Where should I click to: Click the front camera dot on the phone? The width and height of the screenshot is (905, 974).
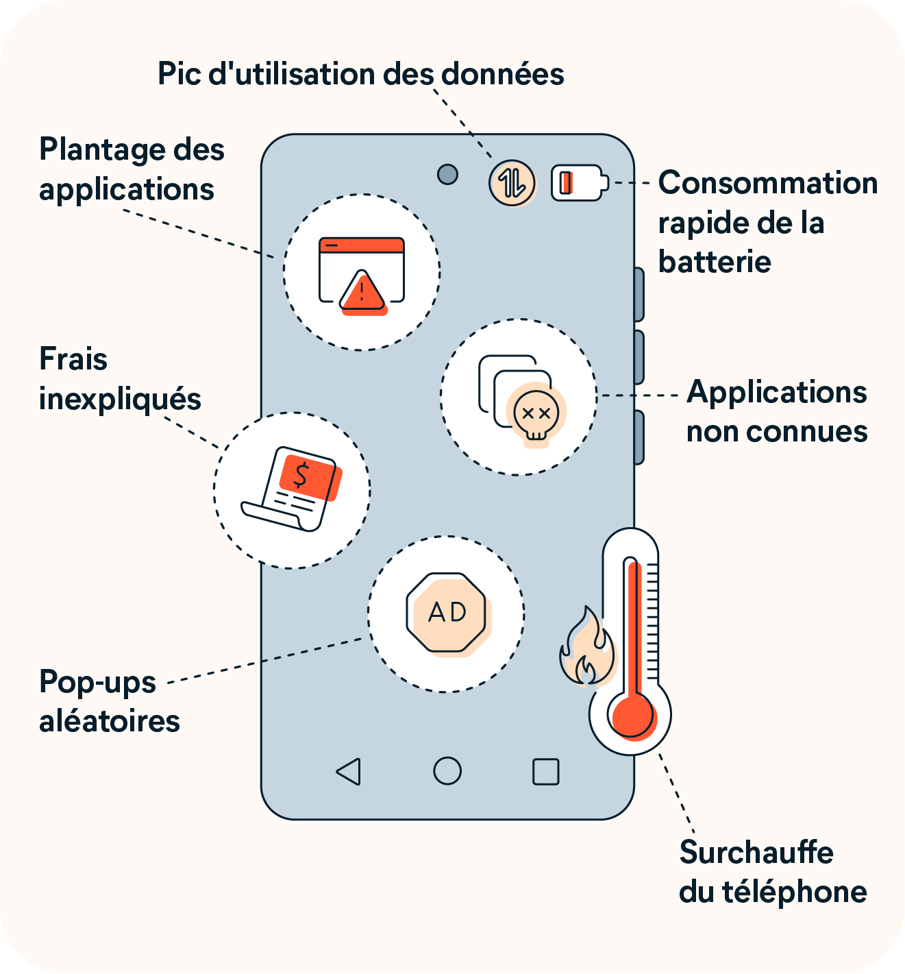447,174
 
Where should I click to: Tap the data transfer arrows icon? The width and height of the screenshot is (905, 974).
512,182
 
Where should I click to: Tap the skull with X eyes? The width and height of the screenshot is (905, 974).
536,415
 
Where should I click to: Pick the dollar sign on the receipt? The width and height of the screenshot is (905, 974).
301,475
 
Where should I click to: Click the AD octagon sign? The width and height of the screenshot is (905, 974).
447,612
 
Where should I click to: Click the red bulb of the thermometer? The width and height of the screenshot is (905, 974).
632,715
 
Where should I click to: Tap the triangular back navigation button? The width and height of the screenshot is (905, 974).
349,771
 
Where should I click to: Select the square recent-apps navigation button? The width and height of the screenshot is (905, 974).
545,771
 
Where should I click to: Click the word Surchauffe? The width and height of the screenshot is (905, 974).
756,853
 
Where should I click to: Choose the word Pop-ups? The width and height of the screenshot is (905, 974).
97,683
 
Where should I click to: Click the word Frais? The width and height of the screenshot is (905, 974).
73,359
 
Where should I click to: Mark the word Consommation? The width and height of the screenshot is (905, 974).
767,183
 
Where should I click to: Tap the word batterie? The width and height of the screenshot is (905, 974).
715,262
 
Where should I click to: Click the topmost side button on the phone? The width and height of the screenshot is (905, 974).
639,294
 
